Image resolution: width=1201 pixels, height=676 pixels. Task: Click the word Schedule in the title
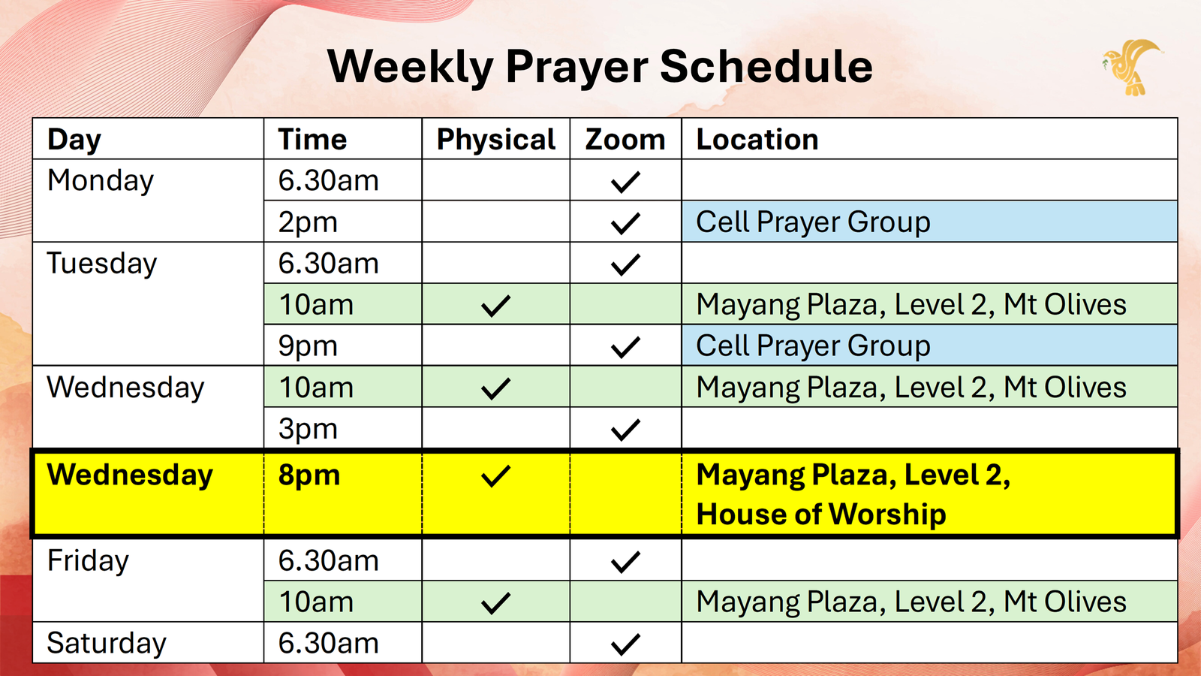coord(766,67)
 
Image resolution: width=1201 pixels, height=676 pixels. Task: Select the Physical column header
coord(496,140)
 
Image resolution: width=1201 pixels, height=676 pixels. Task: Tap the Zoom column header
coord(625,140)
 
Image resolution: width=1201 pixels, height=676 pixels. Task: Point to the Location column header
coord(757,140)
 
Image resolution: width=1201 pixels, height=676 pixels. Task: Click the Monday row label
coord(101,181)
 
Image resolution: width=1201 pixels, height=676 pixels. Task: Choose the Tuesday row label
coord(102,264)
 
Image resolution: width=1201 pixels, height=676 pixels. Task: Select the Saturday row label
coord(107,643)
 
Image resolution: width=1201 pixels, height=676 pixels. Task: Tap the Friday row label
coord(88,560)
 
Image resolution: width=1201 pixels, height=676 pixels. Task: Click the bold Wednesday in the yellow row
coord(131,475)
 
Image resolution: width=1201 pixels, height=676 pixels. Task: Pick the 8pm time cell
coord(309,476)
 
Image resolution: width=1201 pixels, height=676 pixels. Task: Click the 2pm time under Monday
coord(308,222)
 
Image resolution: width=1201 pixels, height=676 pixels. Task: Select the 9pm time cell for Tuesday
coord(308,346)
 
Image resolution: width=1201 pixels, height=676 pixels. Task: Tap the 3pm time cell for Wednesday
coord(308,429)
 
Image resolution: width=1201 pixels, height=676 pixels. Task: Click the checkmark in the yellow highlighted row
coord(495,476)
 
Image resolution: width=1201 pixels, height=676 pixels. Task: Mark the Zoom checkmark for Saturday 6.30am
coord(625,644)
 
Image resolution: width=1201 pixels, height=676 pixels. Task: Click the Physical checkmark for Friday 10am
coord(495,603)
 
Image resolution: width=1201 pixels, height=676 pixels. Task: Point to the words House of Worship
coord(821,514)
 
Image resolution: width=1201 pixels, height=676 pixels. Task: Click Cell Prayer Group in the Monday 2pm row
coord(813,222)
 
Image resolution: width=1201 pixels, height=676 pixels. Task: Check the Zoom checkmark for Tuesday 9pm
coord(625,347)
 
